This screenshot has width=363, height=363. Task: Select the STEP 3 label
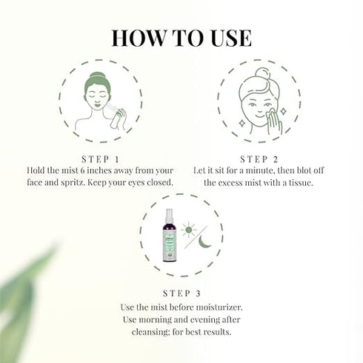point(181,290)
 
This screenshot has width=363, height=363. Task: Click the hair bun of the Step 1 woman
point(99,77)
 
